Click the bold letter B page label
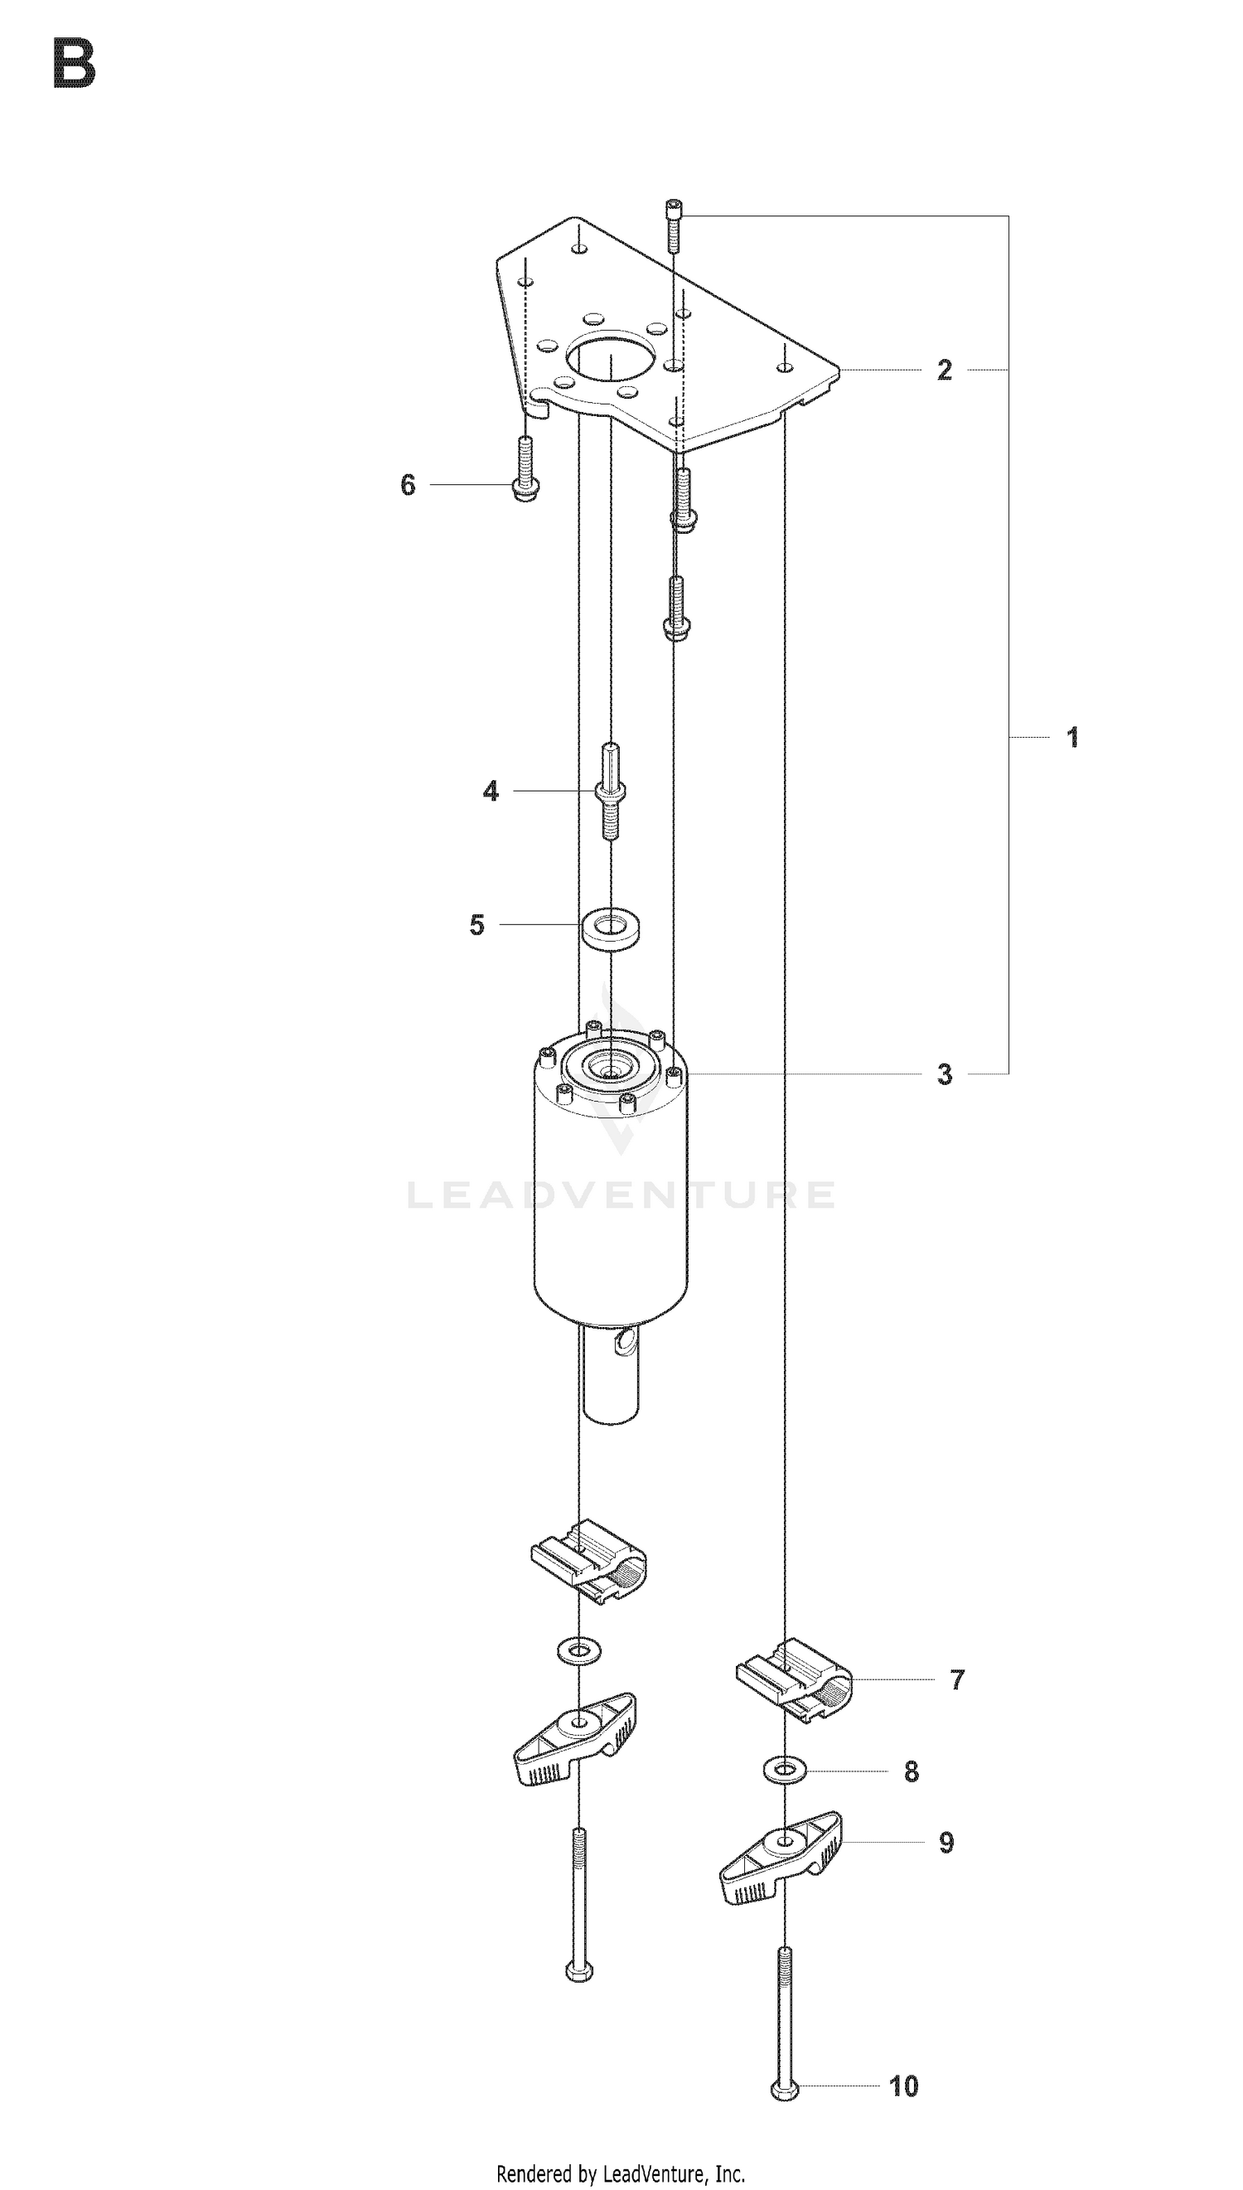pos(74,64)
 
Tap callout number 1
pos(1073,737)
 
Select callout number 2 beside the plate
pos(944,370)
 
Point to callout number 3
pos(944,1074)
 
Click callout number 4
pos(491,792)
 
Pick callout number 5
pos(476,925)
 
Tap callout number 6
pos(408,485)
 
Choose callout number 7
pos(957,1679)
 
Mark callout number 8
pos(912,1771)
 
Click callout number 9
pos(946,1843)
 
